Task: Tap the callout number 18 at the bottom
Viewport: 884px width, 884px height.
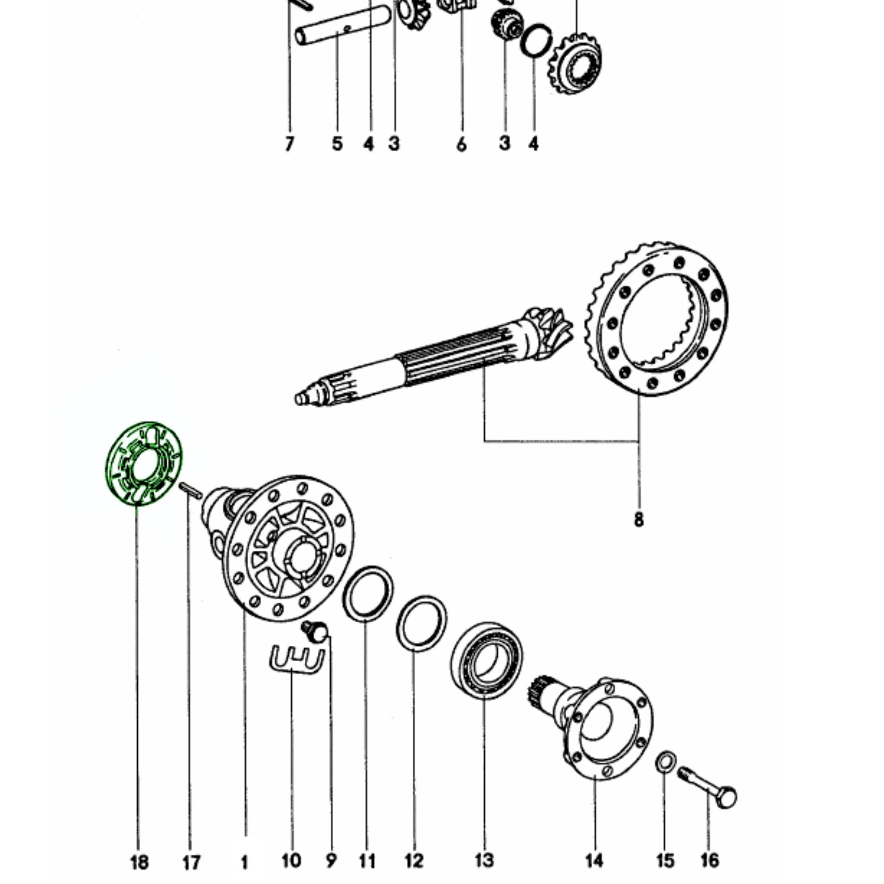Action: [x=139, y=862]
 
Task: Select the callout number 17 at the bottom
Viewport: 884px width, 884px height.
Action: [x=191, y=863]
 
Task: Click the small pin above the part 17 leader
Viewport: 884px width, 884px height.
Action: [x=189, y=491]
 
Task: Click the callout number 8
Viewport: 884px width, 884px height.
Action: [x=638, y=519]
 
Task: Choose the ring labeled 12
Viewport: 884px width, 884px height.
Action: [x=421, y=623]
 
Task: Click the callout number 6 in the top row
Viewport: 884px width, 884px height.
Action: [x=461, y=145]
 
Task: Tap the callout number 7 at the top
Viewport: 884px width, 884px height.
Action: [x=289, y=144]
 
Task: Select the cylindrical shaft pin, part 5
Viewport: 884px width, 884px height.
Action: [x=342, y=25]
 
